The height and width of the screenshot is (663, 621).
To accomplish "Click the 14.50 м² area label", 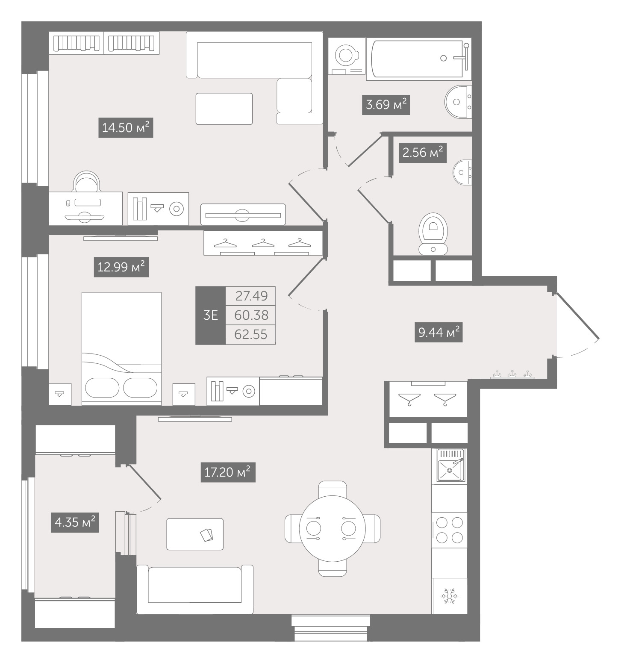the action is [126, 127].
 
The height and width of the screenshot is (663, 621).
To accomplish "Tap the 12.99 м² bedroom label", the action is [121, 267].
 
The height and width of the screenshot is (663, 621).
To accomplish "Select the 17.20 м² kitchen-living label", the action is [228, 472].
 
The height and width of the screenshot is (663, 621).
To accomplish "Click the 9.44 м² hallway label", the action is [439, 333].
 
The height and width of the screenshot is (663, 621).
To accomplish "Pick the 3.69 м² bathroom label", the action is [386, 104].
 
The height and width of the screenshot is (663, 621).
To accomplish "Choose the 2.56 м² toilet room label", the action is [423, 153].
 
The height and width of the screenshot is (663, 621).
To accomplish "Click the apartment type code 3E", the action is [211, 315].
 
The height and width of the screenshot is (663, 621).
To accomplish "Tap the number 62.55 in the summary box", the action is [251, 334].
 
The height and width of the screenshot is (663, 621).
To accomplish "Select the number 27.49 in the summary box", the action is [251, 296].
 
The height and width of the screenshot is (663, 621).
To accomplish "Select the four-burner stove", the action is [449, 530].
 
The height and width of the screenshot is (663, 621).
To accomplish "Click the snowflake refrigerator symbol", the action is [449, 596].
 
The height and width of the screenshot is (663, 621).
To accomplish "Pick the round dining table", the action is [332, 528].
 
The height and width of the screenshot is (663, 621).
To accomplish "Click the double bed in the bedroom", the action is [122, 348].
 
